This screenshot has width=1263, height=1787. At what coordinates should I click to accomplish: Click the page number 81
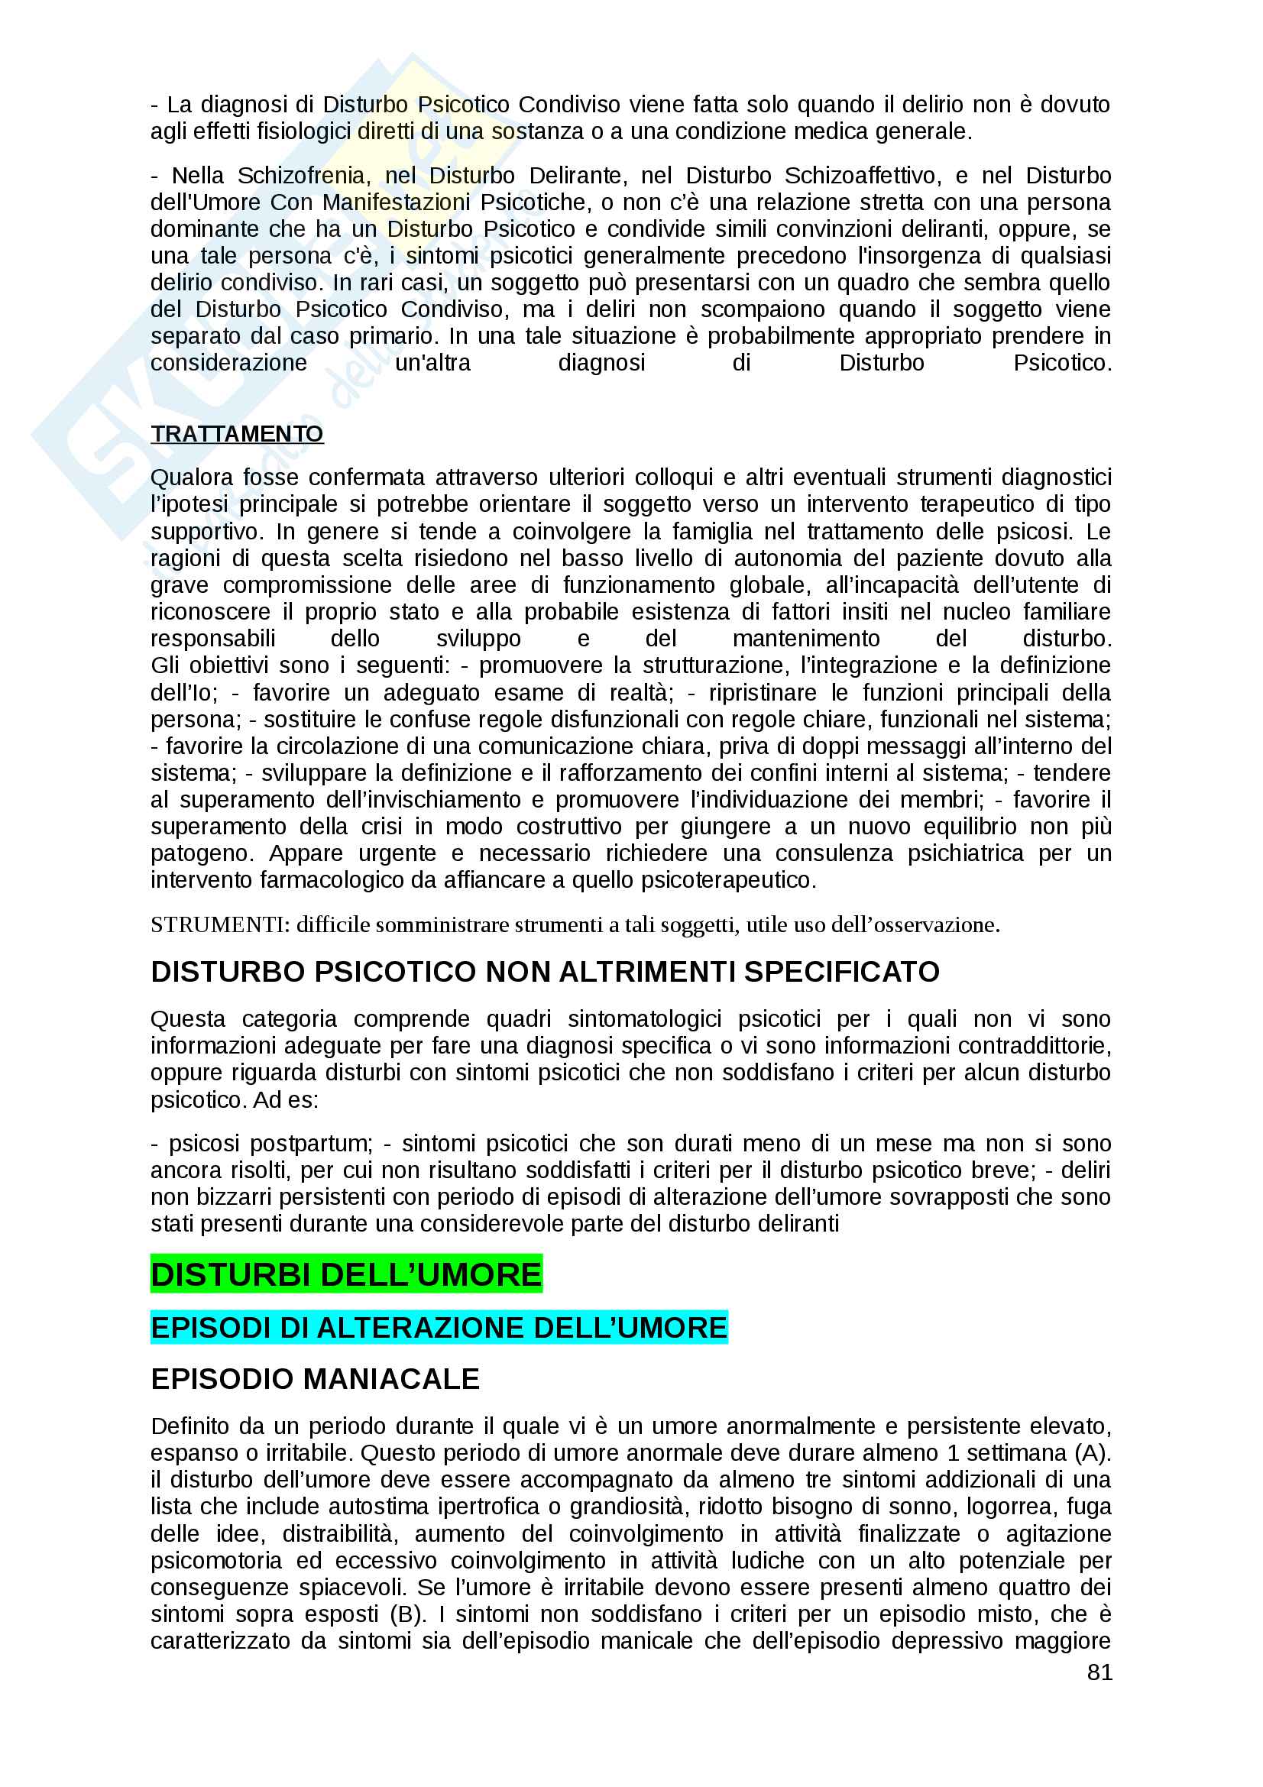1099,1672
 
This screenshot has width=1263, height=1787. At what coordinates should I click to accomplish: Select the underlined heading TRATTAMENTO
237,433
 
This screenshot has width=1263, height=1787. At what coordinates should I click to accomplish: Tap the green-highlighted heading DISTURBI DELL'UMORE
345,1275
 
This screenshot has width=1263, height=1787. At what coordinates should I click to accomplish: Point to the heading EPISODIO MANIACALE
315,1379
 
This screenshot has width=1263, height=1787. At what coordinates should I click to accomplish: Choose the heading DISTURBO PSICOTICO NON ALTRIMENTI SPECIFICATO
545,972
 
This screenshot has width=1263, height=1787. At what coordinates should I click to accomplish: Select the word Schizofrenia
301,176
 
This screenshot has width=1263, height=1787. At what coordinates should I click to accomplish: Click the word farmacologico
336,880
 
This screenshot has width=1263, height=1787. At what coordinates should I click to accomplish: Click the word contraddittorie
1035,1045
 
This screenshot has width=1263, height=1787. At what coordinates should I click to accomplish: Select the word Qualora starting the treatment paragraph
190,477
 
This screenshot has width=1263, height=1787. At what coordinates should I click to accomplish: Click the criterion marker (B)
408,1614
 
